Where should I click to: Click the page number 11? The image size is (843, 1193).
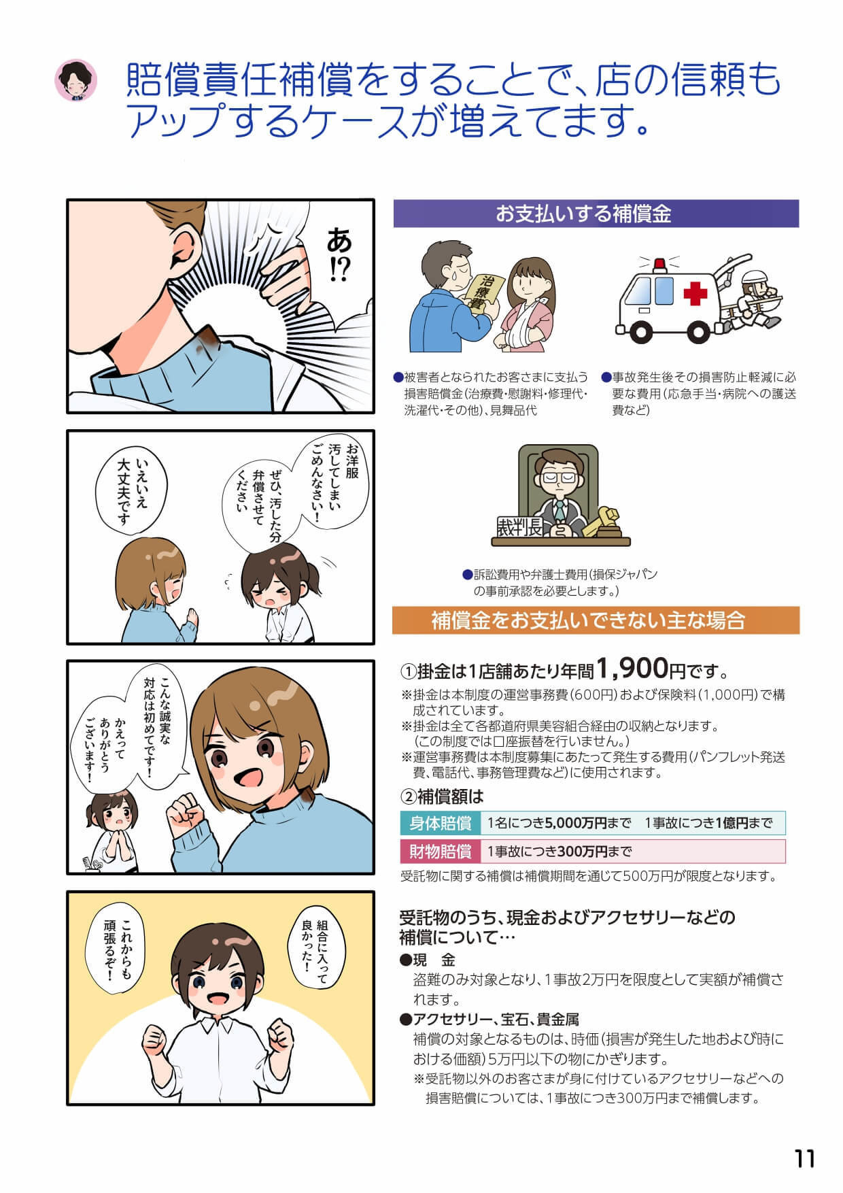804,1158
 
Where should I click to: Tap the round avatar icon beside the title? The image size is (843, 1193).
75,81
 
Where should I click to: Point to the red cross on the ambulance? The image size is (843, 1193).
695,294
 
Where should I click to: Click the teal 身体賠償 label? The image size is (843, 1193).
441,823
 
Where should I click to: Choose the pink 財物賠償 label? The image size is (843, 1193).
441,851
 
